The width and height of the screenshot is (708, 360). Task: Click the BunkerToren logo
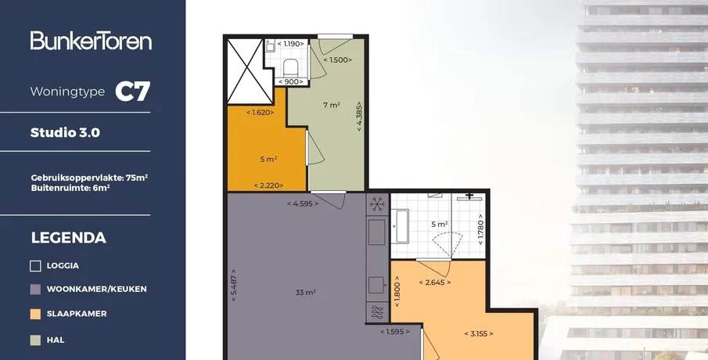point(91,40)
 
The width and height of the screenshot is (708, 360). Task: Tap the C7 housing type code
point(132,92)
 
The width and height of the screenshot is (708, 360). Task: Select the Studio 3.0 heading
point(65,132)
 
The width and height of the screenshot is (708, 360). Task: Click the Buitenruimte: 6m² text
point(70,188)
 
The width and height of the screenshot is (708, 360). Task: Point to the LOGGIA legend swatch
point(35,266)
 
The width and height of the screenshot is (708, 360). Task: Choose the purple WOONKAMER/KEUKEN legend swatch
point(35,289)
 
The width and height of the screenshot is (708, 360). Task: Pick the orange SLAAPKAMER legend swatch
point(35,314)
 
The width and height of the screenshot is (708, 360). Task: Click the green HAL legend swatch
point(35,340)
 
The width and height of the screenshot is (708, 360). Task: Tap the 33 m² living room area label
point(305,292)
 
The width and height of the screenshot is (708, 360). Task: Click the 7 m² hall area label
point(331,105)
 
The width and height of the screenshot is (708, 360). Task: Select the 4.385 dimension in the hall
point(359,116)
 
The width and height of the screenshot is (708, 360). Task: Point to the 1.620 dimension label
point(260,113)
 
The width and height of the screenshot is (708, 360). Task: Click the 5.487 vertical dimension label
point(233,285)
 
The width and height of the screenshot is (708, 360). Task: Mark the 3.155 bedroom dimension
point(479,334)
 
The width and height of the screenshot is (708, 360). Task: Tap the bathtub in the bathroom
point(400,226)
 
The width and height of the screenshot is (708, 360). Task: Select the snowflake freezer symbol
point(377,204)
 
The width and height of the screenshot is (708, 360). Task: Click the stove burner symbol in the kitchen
point(377,312)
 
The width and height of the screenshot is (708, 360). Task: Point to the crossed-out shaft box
point(245,71)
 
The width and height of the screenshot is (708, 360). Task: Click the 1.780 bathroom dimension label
point(480,229)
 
